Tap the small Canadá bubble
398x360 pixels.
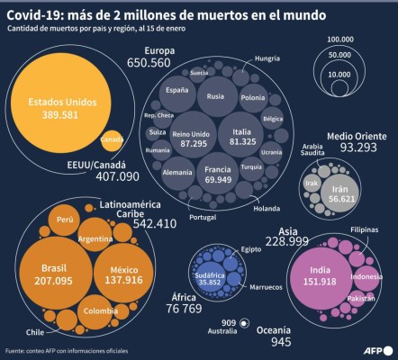112,139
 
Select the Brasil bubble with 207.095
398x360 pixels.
56,274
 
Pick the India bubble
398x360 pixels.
319,274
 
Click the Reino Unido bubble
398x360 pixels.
189,137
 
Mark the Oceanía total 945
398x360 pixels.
281,342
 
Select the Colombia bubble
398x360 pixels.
100,311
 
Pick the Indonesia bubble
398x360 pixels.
366,276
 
